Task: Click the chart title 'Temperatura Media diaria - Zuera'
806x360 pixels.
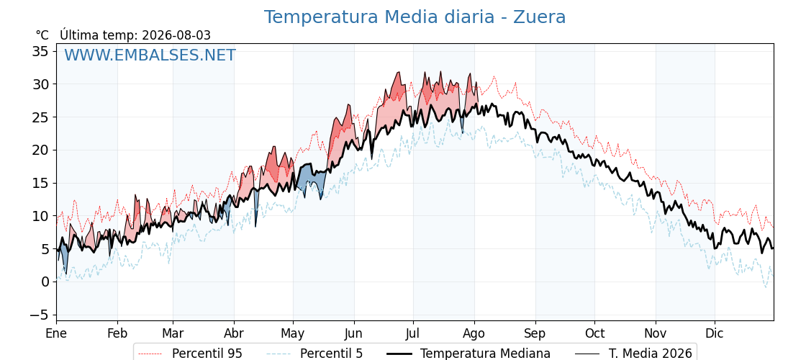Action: [x=415, y=17]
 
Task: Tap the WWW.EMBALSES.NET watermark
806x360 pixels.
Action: [x=150, y=55]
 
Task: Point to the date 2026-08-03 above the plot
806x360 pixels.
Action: [x=176, y=35]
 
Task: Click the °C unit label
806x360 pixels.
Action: [x=42, y=35]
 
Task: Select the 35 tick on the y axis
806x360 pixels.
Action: [x=40, y=51]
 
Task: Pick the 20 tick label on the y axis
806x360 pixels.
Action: [x=40, y=150]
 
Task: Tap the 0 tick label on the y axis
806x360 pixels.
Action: [x=45, y=282]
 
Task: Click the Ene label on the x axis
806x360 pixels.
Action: [x=57, y=334]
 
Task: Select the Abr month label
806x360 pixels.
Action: [x=234, y=334]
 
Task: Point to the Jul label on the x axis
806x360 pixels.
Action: [x=413, y=334]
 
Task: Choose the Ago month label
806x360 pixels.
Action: [x=474, y=334]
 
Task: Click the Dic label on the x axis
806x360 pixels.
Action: [x=715, y=334]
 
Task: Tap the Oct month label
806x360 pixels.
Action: [x=594, y=334]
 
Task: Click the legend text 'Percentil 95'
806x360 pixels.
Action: [x=207, y=354]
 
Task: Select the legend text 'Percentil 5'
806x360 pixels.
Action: [x=331, y=354]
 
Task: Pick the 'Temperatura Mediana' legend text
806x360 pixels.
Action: [x=485, y=354]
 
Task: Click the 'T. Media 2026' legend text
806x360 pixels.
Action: [x=651, y=354]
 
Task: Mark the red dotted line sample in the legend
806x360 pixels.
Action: [x=150, y=354]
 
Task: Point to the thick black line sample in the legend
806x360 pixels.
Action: [x=398, y=354]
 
